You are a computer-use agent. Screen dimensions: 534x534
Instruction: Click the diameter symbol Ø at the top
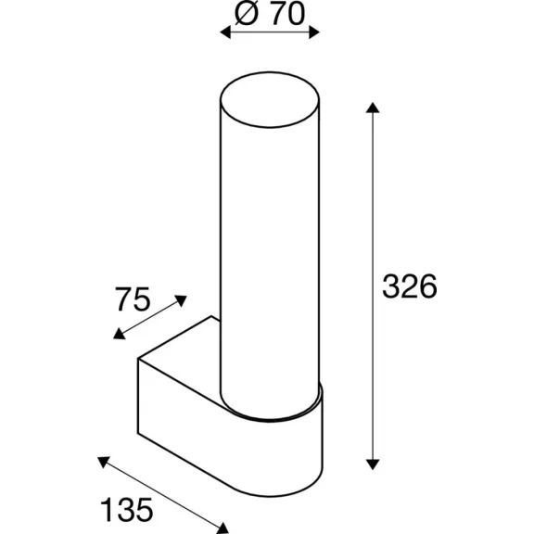coord(247,14)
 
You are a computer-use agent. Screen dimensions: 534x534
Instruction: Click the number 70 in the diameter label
coord(287,14)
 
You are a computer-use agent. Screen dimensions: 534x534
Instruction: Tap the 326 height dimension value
coord(410,286)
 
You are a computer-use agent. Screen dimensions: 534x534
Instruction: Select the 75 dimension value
coord(133,299)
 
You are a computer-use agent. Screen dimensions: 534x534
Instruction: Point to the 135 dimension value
coord(127,510)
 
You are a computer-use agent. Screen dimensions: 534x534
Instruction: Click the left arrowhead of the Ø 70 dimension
coord(225,32)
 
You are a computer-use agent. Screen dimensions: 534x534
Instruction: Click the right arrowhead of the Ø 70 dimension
coord(314,32)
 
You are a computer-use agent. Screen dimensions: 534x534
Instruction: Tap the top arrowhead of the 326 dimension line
coord(373,108)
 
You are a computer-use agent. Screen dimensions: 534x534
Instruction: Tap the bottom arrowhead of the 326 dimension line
coord(373,464)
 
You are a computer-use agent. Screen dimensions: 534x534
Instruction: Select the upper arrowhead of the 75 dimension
coord(181,300)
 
